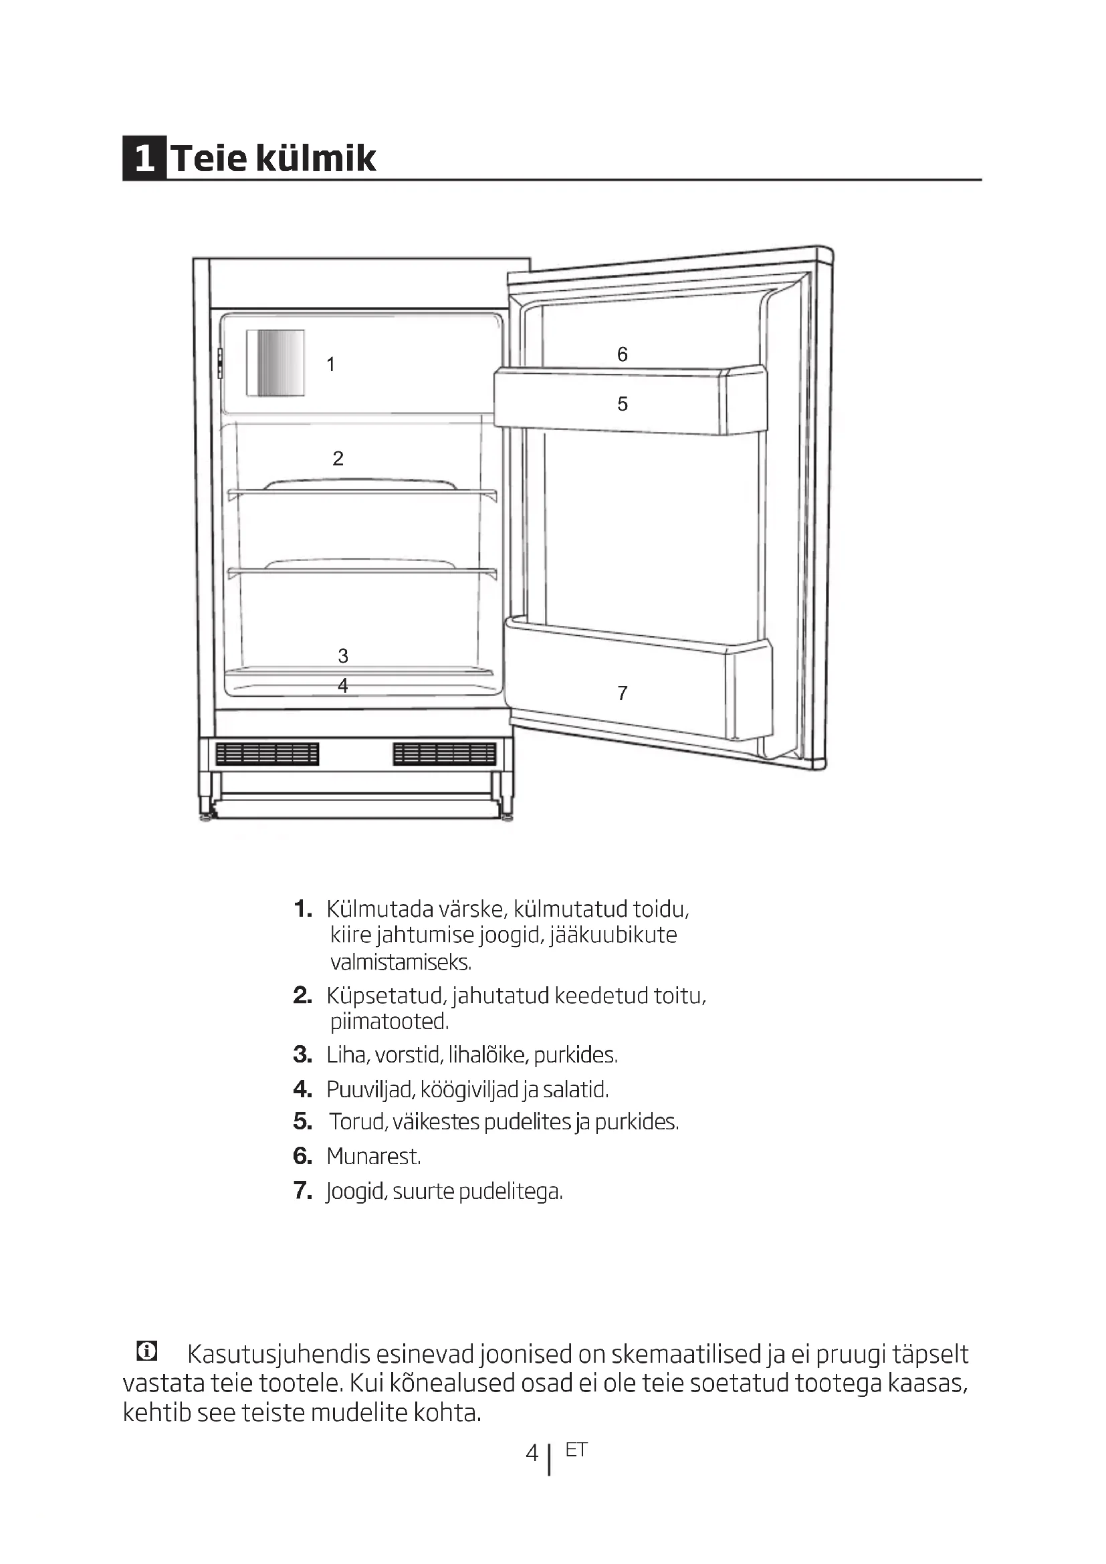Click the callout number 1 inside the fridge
(x=331, y=365)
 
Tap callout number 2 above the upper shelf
(x=338, y=459)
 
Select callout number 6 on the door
(x=622, y=354)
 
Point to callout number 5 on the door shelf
(x=622, y=404)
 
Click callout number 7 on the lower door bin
(x=622, y=693)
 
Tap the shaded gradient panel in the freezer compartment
(x=275, y=363)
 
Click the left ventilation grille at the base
(x=267, y=754)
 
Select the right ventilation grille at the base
(x=444, y=754)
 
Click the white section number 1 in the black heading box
(x=144, y=158)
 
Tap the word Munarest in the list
(x=373, y=1156)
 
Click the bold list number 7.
(x=302, y=1190)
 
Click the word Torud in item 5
(x=358, y=1121)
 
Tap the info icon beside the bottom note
(x=146, y=1350)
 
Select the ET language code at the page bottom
(x=576, y=1450)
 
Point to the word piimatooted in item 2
(x=389, y=1021)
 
